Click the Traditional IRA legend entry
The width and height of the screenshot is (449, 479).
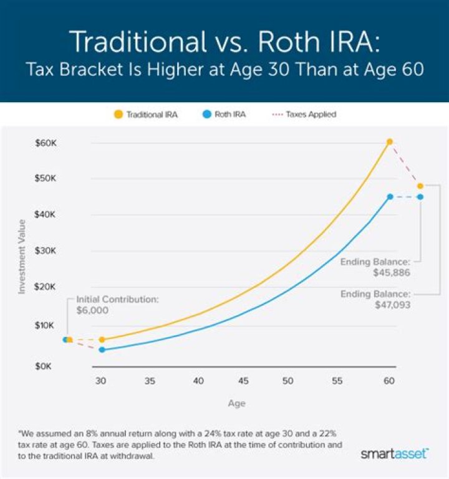tap(147, 115)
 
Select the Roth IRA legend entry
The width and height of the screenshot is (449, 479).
tap(223, 115)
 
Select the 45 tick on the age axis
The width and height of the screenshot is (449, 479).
tap(244, 380)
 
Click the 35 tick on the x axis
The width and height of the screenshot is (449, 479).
tap(150, 380)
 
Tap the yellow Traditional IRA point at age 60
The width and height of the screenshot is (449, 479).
tap(390, 142)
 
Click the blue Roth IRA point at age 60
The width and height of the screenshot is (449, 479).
tap(390, 197)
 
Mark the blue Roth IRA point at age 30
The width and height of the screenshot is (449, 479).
tap(102, 349)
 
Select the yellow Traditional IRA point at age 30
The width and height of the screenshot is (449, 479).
tap(102, 339)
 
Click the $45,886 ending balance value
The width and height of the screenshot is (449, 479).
tap(392, 273)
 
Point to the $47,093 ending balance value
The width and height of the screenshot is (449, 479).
tap(392, 305)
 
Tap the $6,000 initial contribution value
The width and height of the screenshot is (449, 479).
tap(92, 310)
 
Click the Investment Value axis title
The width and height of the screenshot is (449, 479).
tap(21, 256)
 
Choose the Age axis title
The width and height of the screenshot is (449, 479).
tap(236, 403)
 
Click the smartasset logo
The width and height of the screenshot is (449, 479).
tap(394, 454)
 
